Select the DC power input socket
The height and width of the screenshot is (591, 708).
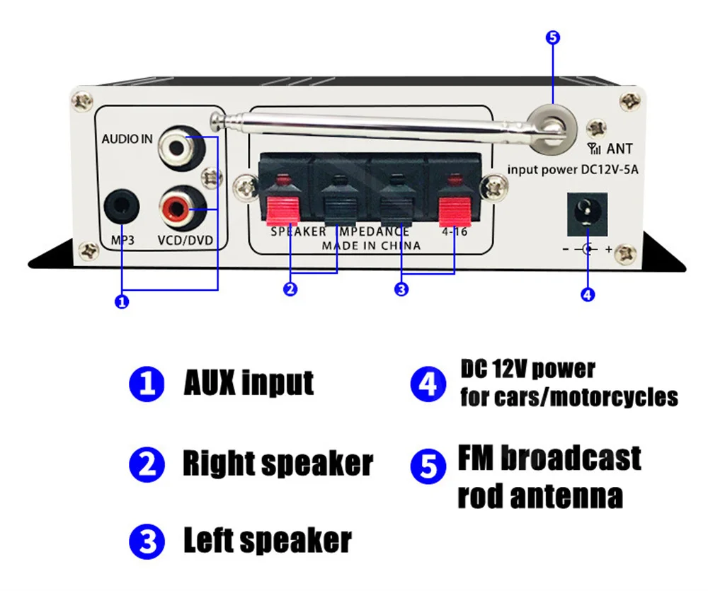click(587, 214)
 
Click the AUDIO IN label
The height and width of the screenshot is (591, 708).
click(127, 139)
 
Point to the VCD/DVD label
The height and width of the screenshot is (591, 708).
click(185, 240)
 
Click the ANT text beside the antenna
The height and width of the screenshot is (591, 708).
click(619, 149)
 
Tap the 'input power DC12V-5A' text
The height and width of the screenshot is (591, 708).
click(573, 170)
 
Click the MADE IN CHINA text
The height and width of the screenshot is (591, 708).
click(371, 246)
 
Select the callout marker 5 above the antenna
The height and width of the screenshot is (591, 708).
click(553, 37)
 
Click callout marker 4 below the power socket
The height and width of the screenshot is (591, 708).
click(587, 294)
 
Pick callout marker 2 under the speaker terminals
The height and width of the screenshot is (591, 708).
click(290, 289)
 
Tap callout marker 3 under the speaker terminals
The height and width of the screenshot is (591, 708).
click(401, 289)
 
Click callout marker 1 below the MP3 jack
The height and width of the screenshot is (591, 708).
click(122, 302)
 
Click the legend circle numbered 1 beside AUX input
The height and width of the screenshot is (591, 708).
click(147, 384)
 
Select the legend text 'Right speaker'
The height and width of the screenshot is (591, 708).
click(278, 463)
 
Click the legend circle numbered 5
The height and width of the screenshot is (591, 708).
click(428, 466)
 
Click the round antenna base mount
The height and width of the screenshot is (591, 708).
click(552, 129)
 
